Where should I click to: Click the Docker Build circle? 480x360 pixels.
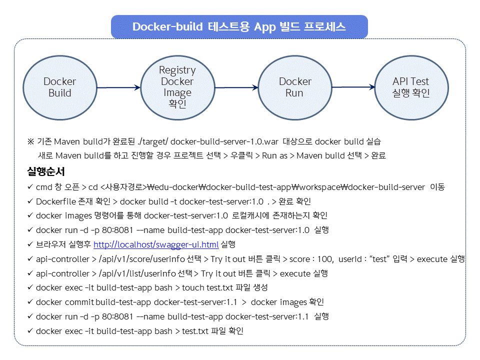(x=59, y=87)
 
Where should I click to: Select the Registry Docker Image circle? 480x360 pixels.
(x=177, y=87)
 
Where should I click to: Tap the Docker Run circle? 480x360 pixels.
(x=295, y=87)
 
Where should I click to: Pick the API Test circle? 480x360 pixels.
(x=411, y=87)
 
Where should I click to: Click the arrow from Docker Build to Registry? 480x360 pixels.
(x=118, y=87)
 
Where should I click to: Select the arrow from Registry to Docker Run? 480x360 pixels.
(x=236, y=87)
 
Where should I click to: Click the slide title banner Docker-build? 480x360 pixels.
(x=239, y=26)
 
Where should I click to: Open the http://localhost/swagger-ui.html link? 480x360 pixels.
(x=156, y=244)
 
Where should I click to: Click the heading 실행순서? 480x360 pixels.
(x=45, y=172)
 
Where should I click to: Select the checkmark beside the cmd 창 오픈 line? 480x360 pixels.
(x=30, y=187)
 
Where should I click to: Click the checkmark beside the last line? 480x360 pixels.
(x=30, y=331)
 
